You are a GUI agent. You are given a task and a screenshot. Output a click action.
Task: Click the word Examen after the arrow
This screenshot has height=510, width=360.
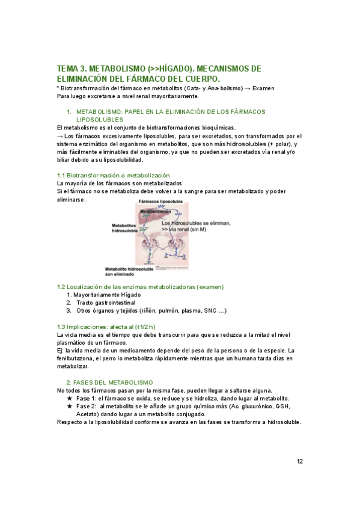coord(263,88)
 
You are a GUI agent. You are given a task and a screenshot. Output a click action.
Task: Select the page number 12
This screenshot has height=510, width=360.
coord(299,461)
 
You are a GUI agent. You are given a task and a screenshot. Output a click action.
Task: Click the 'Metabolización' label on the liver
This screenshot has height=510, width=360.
coord(157,212)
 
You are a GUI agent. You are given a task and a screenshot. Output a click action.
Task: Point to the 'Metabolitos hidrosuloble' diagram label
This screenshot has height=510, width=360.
coord(126,229)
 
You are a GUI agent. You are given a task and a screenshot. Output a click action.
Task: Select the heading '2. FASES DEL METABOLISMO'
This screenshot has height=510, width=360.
coord(109,382)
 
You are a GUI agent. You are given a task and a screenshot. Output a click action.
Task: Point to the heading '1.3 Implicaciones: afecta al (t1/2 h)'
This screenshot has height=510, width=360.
coord(108,326)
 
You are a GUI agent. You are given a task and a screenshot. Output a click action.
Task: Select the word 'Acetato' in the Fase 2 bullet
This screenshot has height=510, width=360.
coord(88,414)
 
